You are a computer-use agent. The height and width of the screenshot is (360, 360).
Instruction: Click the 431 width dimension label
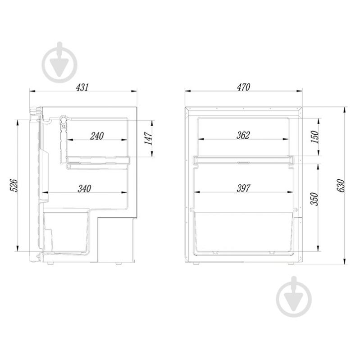click(82, 87)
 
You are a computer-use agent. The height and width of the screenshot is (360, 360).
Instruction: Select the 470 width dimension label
click(243, 87)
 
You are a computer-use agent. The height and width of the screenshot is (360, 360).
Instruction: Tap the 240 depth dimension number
click(97, 136)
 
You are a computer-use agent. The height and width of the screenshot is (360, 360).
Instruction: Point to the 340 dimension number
click(85, 189)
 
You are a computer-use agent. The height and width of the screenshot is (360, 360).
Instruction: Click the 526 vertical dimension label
click(14, 186)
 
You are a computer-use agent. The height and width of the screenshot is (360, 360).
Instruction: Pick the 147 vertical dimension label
click(148, 138)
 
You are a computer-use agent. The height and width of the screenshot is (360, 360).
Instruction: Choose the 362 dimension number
click(243, 135)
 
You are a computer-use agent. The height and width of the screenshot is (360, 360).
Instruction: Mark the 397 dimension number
click(243, 188)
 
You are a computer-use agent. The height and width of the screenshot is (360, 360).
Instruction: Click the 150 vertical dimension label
click(315, 137)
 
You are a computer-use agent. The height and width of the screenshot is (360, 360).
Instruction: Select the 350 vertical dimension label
click(314, 199)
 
